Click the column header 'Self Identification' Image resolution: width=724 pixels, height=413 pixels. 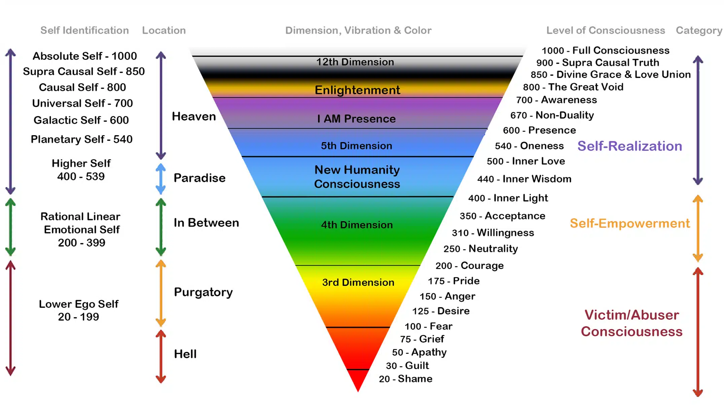point(84,30)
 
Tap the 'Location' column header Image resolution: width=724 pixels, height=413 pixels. point(164,30)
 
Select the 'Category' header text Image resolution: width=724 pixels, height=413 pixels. point(699,31)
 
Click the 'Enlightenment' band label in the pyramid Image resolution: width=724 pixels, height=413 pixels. point(357,90)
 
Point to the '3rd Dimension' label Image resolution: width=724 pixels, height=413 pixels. point(358,282)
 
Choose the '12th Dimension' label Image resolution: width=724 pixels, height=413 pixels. point(355,62)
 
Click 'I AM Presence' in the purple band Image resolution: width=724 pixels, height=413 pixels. point(356,119)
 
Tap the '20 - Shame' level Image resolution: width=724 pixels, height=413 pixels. point(405,379)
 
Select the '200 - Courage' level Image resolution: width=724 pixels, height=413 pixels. point(469,266)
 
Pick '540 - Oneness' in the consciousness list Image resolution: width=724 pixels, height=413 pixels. point(529,146)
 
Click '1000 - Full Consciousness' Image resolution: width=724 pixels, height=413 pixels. point(606,50)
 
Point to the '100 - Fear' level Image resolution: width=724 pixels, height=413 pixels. point(429,326)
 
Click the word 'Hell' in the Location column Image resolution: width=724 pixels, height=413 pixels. point(185,354)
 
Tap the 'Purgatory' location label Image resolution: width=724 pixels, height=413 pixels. point(203,292)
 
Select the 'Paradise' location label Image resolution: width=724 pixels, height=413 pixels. point(200,178)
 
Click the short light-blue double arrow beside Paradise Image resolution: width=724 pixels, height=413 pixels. point(161,179)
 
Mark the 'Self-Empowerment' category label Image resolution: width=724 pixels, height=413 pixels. point(630,223)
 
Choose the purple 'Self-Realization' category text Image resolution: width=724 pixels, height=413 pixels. point(630,146)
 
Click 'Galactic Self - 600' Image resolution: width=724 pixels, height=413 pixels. point(81,120)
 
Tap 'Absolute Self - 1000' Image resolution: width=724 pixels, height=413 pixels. point(85,56)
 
